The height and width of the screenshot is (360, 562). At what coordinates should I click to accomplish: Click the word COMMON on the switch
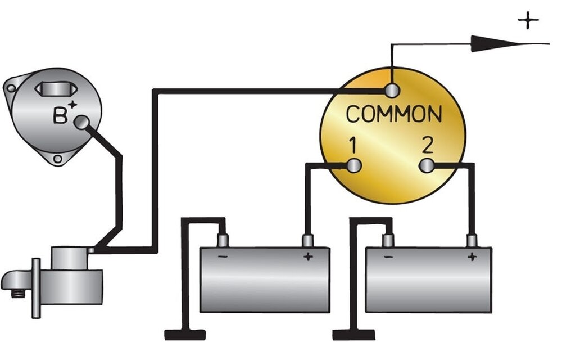point(393,114)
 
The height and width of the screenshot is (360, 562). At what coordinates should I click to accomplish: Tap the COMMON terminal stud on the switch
point(392,91)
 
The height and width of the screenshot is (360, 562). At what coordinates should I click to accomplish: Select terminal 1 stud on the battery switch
point(354,165)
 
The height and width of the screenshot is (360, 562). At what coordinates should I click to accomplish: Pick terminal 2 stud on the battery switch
point(426,165)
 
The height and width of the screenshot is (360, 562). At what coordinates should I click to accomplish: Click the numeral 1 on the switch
point(353,146)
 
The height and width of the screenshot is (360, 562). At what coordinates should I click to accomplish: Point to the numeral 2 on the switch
point(428,145)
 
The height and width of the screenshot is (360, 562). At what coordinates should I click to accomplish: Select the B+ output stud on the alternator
point(81,123)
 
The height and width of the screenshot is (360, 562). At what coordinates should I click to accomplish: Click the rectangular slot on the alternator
point(56,89)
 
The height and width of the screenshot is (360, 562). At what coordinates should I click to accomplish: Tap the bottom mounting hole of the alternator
point(57,159)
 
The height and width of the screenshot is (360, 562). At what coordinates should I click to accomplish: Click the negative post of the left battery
point(223,240)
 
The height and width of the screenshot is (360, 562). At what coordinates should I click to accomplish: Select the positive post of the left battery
point(308,241)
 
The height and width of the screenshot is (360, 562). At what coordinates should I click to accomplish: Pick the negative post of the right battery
point(387,240)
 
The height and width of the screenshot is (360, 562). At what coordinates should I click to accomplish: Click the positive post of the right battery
point(472,241)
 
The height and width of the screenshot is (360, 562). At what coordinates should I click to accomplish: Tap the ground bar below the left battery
point(185,335)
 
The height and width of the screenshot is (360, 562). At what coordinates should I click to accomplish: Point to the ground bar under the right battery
point(353,335)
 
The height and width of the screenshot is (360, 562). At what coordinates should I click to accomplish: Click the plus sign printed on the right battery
point(472,256)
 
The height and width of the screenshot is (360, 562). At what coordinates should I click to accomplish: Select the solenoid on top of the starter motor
point(70,258)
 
